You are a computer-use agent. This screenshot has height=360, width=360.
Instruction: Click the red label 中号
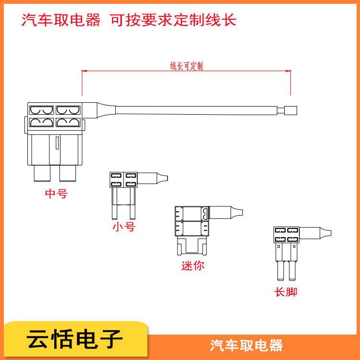coord(56,194)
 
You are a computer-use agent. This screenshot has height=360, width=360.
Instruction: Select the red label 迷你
coord(192,265)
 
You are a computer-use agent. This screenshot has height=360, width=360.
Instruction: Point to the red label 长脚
coord(286,292)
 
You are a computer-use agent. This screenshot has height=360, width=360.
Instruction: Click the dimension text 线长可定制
coord(186,66)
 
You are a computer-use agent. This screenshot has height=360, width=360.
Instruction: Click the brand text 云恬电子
coord(74,340)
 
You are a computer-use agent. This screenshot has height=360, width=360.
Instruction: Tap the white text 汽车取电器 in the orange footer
coord(246,345)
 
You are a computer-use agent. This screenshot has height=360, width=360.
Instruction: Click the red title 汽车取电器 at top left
coord(61,20)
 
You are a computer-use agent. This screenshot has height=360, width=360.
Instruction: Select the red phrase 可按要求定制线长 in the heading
coord(173,20)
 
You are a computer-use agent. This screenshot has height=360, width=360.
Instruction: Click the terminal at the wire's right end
coord(290,110)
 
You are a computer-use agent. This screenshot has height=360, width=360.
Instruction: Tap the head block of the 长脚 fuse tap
coord(286,234)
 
